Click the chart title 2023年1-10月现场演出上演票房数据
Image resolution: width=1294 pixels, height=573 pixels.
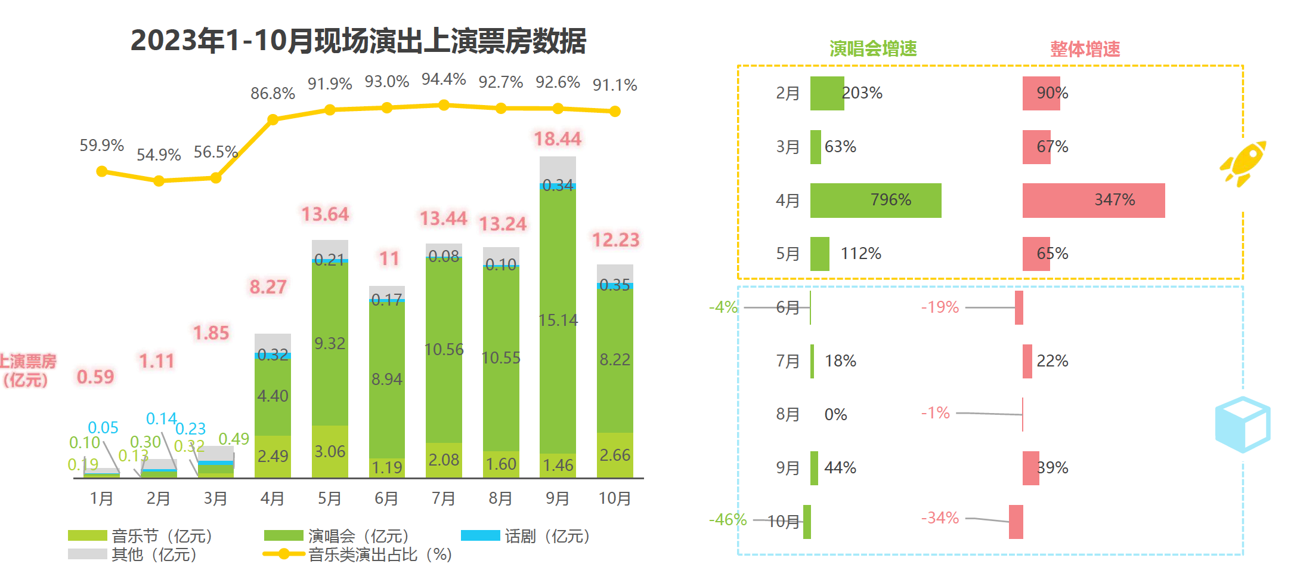point(358,41)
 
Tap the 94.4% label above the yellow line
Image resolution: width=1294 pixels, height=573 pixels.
point(444,79)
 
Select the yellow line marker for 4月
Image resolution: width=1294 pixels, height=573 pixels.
point(273,119)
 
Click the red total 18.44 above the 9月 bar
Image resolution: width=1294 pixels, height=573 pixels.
point(557,139)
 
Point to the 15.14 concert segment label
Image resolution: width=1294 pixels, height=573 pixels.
point(558,321)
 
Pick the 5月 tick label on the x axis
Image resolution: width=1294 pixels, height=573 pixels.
point(329,498)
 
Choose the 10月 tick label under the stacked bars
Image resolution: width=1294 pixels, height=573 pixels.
point(615,498)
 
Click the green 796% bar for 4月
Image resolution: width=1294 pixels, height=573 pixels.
point(875,201)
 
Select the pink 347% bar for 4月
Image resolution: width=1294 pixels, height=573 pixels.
point(1093,201)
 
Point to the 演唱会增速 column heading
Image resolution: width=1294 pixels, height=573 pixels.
point(873,49)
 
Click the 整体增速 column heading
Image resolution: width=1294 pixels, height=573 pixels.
point(1085,49)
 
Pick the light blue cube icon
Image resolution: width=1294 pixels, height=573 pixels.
point(1243,424)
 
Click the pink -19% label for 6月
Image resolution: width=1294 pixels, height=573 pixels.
point(940,307)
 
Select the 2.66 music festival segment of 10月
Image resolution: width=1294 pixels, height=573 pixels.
point(615,455)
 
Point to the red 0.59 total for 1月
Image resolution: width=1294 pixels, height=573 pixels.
point(95,377)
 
